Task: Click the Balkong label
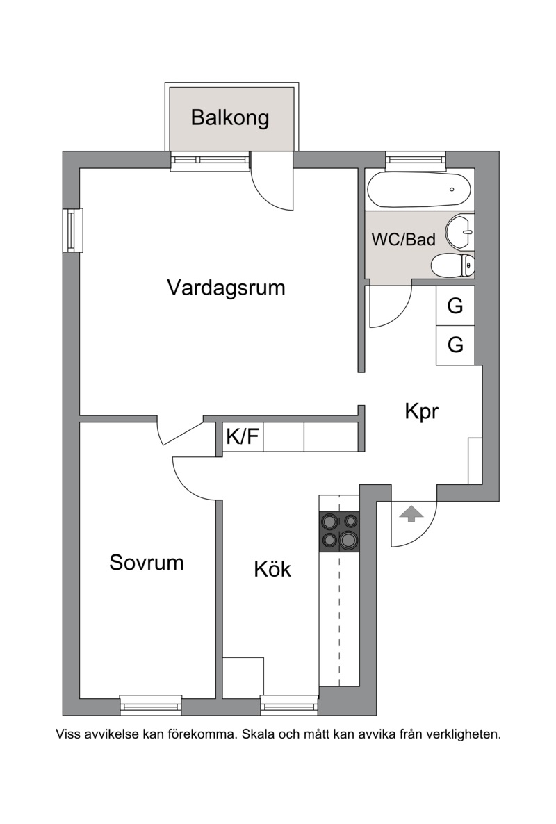point(229,117)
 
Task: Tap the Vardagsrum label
point(226,288)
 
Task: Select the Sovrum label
point(147,562)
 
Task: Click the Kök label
point(272,568)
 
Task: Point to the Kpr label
point(421,411)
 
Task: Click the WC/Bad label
point(404,240)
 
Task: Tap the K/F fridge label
point(243,436)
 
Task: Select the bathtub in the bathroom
point(419,190)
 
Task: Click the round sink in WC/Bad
point(460,231)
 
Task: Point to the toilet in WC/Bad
point(452,265)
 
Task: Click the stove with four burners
point(339,532)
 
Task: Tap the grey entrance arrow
point(411,514)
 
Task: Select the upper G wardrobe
point(455,305)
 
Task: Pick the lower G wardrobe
point(455,345)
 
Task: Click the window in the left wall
point(72,230)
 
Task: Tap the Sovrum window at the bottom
point(151,704)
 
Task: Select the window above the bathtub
point(416,160)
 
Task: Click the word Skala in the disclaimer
point(259,734)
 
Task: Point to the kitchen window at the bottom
point(290,704)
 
